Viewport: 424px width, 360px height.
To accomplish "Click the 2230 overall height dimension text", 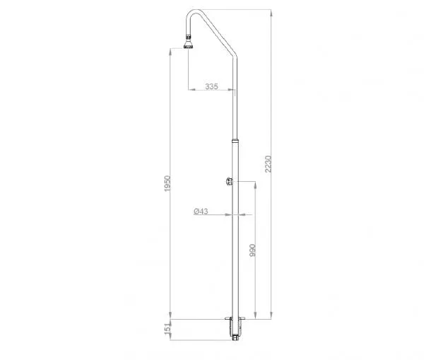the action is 268,164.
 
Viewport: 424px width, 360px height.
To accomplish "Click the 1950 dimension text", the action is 167,183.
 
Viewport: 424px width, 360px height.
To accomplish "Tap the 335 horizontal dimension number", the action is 211,86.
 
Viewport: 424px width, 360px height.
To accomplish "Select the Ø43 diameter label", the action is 201,211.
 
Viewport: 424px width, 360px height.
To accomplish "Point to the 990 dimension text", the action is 252,250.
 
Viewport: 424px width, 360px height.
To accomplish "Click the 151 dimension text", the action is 167,329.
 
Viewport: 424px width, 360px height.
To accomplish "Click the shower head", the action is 189,45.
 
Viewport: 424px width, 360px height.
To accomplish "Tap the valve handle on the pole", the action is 229,181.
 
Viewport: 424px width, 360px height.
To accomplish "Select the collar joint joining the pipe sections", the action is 235,141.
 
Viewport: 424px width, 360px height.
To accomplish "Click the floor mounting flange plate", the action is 235,318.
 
